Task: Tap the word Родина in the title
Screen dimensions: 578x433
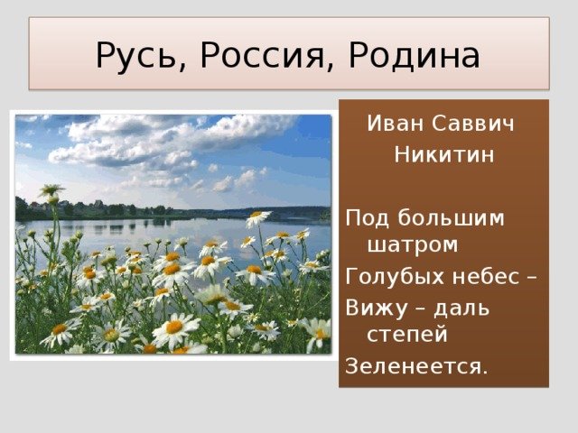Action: pos(414,56)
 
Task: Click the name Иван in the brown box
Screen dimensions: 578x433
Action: pos(396,123)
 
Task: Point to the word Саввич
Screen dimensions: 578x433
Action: pos(473,123)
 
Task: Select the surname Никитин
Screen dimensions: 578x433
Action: pos(444,154)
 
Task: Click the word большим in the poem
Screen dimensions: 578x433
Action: pos(451,218)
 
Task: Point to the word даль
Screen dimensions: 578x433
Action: pos(461,309)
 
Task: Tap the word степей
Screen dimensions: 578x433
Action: pos(407,336)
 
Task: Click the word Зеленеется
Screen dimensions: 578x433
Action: pos(416,366)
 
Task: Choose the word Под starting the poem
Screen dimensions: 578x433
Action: pos(368,218)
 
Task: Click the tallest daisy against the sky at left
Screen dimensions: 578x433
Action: pos(51,190)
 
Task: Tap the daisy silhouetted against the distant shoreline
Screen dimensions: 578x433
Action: pos(258,218)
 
